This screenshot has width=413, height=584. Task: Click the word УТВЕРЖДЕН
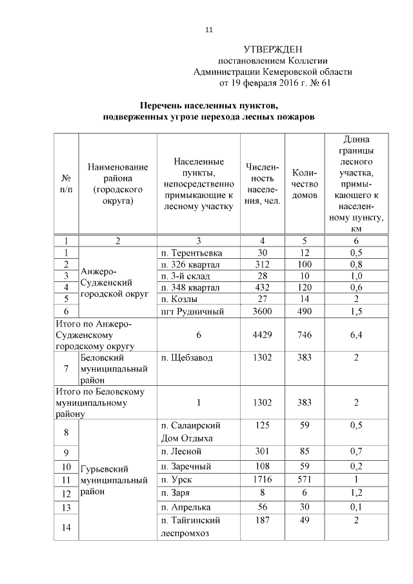(273, 50)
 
